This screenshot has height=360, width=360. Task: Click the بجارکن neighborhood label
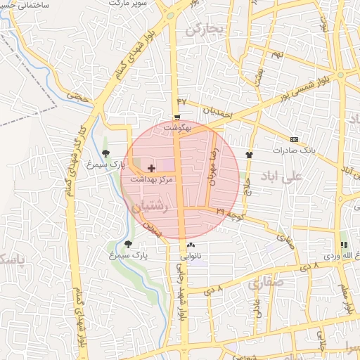[204, 30]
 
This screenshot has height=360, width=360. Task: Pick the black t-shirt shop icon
[248, 153]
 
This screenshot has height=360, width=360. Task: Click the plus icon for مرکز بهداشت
[152, 169]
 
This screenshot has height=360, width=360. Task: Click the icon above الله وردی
[344, 245]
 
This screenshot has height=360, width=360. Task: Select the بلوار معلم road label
[346, 296]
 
